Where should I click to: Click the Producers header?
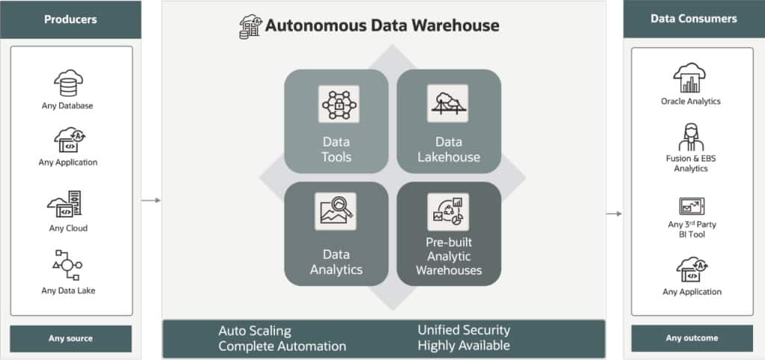coord(71,19)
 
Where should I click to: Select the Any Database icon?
coord(67,84)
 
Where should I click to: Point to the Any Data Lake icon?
coord(67,266)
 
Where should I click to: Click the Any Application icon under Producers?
coord(67,140)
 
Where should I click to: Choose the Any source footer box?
coord(71,338)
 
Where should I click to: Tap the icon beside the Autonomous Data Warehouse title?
coord(250,26)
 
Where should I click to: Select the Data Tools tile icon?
coord(336,104)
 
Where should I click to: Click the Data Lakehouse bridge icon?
coord(448,103)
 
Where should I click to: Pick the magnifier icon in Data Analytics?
coord(336,212)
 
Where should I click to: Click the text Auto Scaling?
coord(255,330)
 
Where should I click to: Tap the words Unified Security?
coord(463,329)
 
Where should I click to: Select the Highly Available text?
coord(463,345)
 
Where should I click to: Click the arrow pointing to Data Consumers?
coord(613,214)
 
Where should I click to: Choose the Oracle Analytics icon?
coord(690,78)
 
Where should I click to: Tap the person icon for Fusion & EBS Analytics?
coord(690,137)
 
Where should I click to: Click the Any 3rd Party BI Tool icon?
coord(690,206)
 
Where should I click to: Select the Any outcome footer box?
coord(692,338)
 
